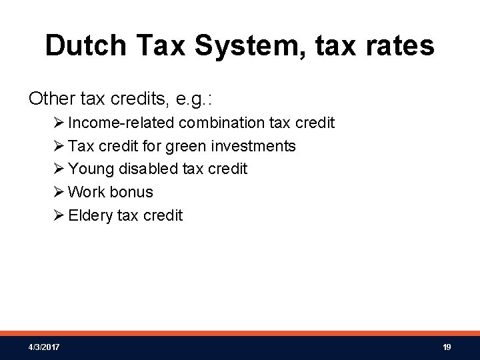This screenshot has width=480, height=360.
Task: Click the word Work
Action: pos(87,192)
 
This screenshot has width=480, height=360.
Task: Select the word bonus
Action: pos(131,192)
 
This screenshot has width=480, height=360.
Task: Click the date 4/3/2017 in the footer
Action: pos(43,347)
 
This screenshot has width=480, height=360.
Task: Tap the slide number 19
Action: pos(447,347)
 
